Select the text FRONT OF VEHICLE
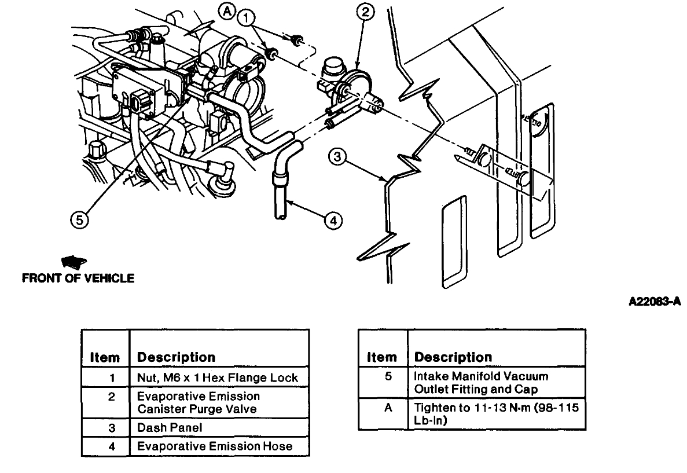point(78,278)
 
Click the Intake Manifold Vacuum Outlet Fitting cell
point(498,383)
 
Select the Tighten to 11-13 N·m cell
point(498,413)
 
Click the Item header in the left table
point(105,357)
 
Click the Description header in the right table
point(453,357)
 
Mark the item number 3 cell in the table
point(105,428)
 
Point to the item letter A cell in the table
point(383,408)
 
